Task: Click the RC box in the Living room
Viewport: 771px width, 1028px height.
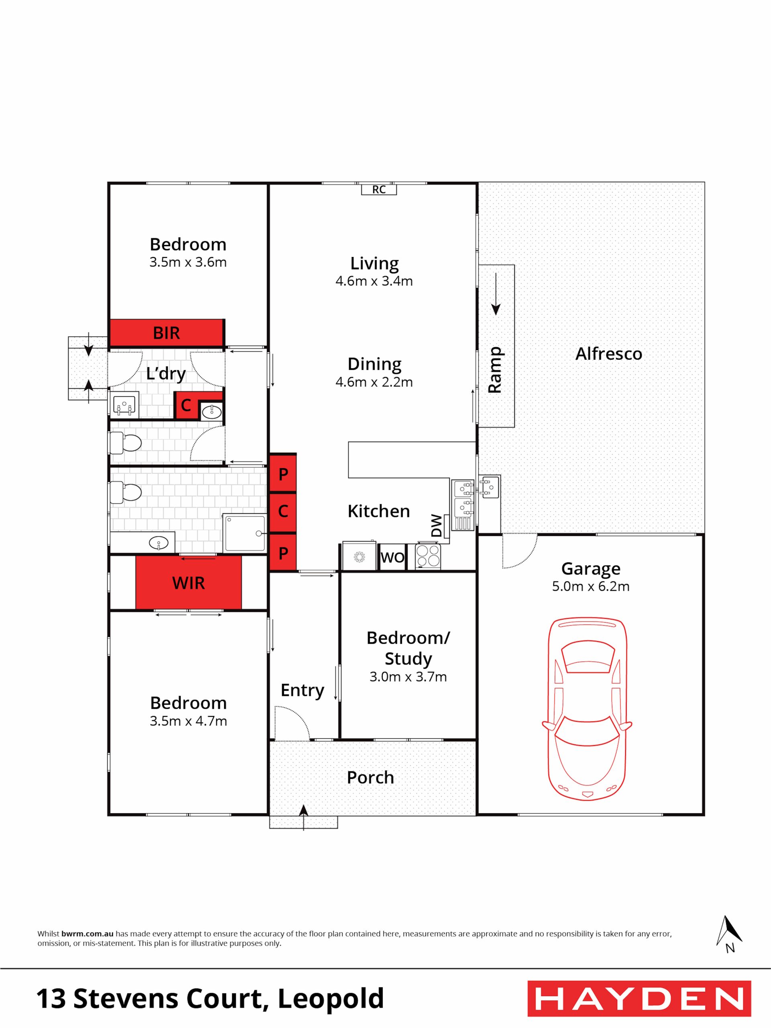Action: click(379, 189)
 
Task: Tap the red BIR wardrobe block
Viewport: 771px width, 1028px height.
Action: click(166, 333)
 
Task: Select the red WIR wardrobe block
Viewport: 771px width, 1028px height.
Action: click(188, 583)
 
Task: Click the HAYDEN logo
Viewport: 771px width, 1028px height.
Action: click(639, 999)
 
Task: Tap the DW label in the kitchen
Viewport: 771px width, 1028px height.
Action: click(436, 526)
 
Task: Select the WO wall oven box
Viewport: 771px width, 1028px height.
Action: click(392, 557)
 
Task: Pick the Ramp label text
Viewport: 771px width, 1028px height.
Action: click(495, 370)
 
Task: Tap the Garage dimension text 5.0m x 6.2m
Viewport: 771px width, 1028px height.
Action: click(591, 587)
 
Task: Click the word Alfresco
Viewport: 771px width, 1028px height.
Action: click(609, 354)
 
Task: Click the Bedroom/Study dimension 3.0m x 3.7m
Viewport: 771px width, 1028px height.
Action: click(408, 677)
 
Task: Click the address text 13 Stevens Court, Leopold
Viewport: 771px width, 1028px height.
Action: click(210, 998)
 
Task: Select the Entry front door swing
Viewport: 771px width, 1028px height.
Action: click(292, 723)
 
